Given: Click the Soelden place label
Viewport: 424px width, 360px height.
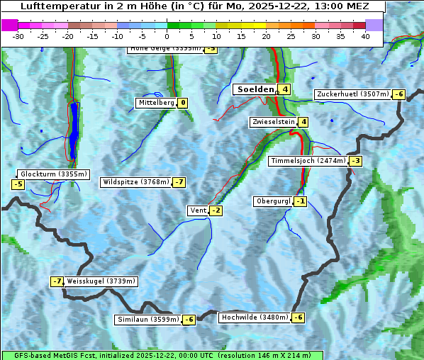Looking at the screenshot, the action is [x=255, y=89].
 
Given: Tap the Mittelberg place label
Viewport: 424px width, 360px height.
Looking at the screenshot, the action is [x=156, y=103].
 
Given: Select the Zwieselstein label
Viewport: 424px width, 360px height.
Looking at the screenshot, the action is [x=273, y=122].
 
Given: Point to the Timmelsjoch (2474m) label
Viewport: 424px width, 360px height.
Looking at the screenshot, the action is [x=308, y=161].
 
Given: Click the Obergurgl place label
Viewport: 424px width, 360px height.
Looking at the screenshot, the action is [x=273, y=201].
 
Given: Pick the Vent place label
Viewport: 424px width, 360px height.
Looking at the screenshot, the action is [x=198, y=210].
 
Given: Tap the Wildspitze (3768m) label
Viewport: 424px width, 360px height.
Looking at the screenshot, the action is [x=136, y=182].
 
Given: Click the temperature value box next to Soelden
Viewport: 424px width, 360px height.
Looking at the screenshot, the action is [x=284, y=89].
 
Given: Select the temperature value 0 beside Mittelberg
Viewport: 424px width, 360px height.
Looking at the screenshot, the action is [x=183, y=103].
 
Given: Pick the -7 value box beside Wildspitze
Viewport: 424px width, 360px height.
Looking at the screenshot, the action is [x=179, y=182].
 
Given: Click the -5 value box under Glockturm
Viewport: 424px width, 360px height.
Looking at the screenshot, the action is [x=18, y=185].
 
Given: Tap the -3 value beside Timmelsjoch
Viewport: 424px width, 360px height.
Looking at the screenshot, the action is [x=355, y=161].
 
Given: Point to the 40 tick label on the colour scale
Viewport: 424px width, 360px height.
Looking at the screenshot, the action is [x=365, y=36].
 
